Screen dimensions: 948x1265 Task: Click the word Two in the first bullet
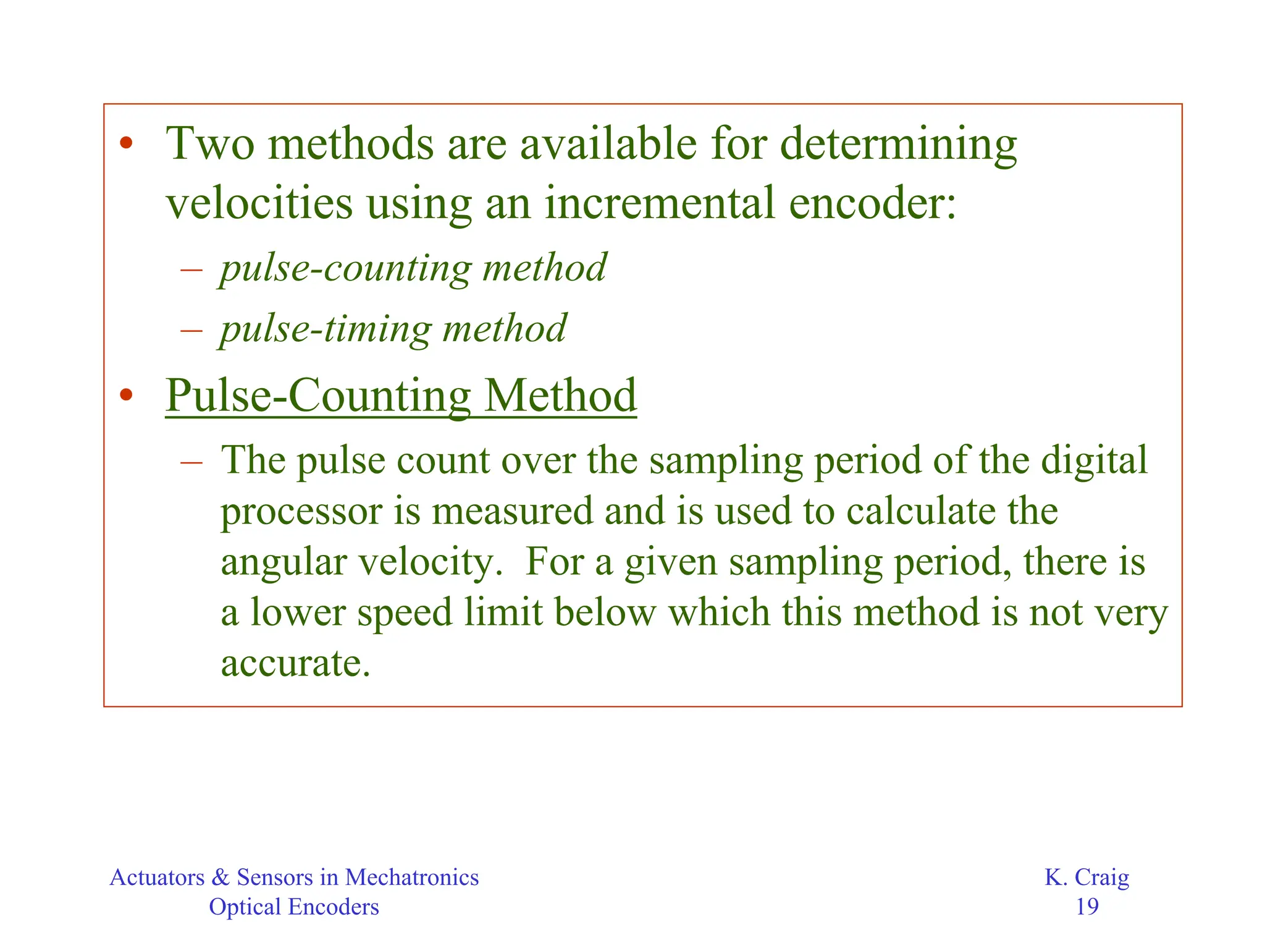(x=210, y=143)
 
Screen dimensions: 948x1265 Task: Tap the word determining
(x=898, y=145)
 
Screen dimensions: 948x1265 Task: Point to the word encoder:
(x=872, y=203)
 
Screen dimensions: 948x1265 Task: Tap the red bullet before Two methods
(x=127, y=143)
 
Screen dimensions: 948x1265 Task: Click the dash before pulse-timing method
(x=191, y=329)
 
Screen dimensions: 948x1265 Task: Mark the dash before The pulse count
(x=191, y=461)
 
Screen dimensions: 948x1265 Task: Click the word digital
(x=1094, y=460)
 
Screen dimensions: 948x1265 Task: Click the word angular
(x=284, y=563)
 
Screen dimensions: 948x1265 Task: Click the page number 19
(x=1087, y=907)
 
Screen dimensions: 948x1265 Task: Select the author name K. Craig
(x=1087, y=877)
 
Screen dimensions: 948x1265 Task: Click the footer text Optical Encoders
(x=294, y=907)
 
